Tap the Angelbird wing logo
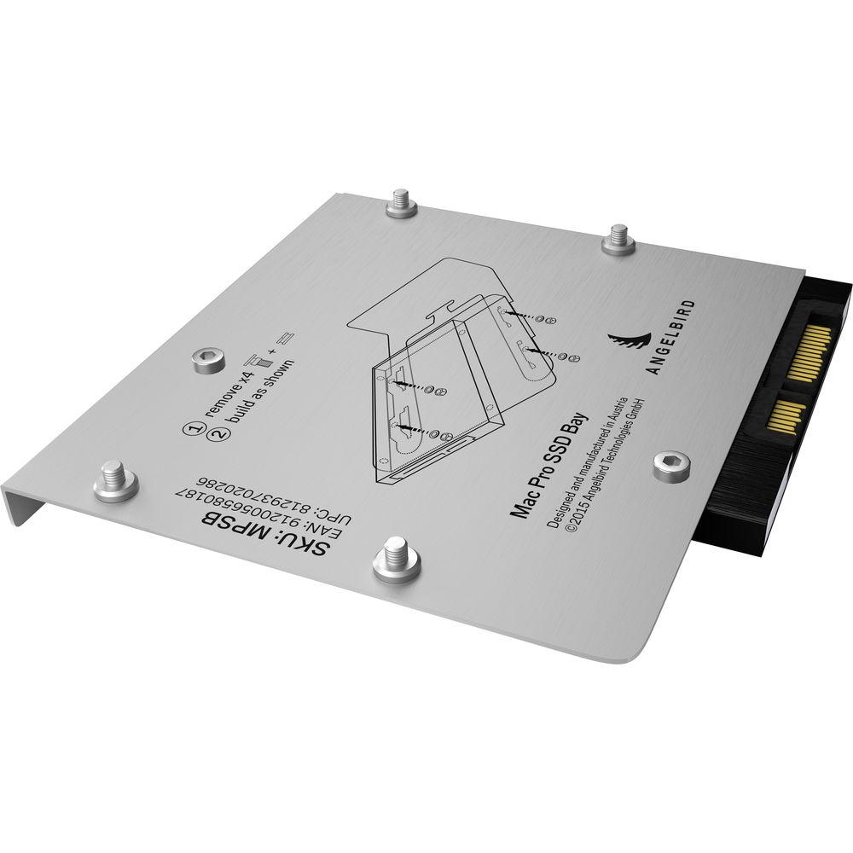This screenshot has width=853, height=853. tap(632, 346)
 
